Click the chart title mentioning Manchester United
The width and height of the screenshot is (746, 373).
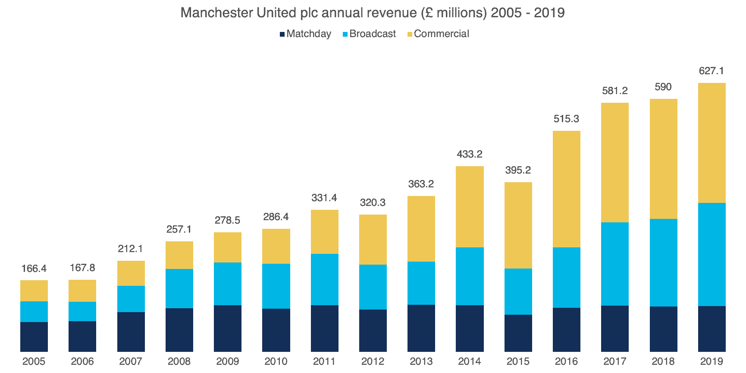pyautogui.click(x=372, y=13)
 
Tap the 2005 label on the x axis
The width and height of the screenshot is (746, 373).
pyautogui.click(x=34, y=361)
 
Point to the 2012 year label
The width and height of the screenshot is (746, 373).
pyautogui.click(x=373, y=361)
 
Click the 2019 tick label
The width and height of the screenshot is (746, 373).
pyautogui.click(x=712, y=361)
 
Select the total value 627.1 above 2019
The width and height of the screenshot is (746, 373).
pyautogui.click(x=712, y=71)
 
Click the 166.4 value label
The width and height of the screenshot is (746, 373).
pyautogui.click(x=34, y=269)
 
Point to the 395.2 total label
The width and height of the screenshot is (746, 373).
pyautogui.click(x=518, y=170)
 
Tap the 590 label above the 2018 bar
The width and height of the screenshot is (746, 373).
pyautogui.click(x=663, y=87)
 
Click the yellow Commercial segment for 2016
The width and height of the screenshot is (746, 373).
pyautogui.click(x=566, y=189)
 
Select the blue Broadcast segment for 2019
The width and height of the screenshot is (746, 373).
pyautogui.click(x=712, y=254)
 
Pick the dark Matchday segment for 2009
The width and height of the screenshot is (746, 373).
pyautogui.click(x=228, y=328)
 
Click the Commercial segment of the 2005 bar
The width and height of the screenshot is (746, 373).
pyautogui.click(x=34, y=291)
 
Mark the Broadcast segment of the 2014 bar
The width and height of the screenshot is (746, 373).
pyautogui.click(x=470, y=276)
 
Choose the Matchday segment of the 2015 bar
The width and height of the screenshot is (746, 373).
pyautogui.click(x=518, y=333)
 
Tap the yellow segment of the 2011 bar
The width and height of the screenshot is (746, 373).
pyautogui.click(x=324, y=231)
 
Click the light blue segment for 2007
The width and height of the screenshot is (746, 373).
pyautogui.click(x=131, y=299)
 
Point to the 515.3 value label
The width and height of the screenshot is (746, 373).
pyautogui.click(x=566, y=119)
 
